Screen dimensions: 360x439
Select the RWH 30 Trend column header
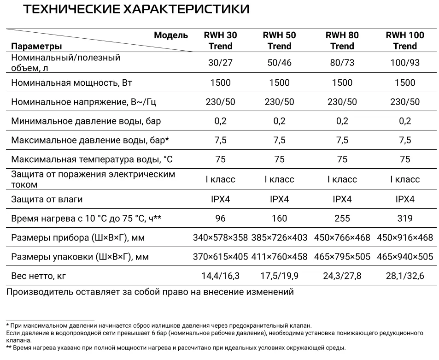[x=220, y=41]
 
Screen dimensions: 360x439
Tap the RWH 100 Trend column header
[x=405, y=41]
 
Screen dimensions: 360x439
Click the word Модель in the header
[x=171, y=35]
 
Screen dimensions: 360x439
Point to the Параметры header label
[x=36, y=46]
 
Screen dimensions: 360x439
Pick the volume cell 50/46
[x=279, y=63]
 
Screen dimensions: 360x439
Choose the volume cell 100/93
[x=405, y=63]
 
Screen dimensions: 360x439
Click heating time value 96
[x=220, y=218]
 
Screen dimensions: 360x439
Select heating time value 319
[x=405, y=218]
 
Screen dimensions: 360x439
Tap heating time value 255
[x=342, y=218]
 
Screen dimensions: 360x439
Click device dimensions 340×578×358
[x=220, y=238]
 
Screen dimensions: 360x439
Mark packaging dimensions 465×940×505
[x=405, y=257]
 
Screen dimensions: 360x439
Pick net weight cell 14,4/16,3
[x=220, y=276]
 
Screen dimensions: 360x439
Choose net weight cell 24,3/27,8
[x=342, y=276]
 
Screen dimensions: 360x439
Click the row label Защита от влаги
[x=47, y=200]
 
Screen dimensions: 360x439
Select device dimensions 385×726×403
[x=280, y=238]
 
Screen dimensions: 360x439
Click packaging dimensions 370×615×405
[x=220, y=257]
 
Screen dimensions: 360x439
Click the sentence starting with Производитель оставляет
[x=150, y=292]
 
